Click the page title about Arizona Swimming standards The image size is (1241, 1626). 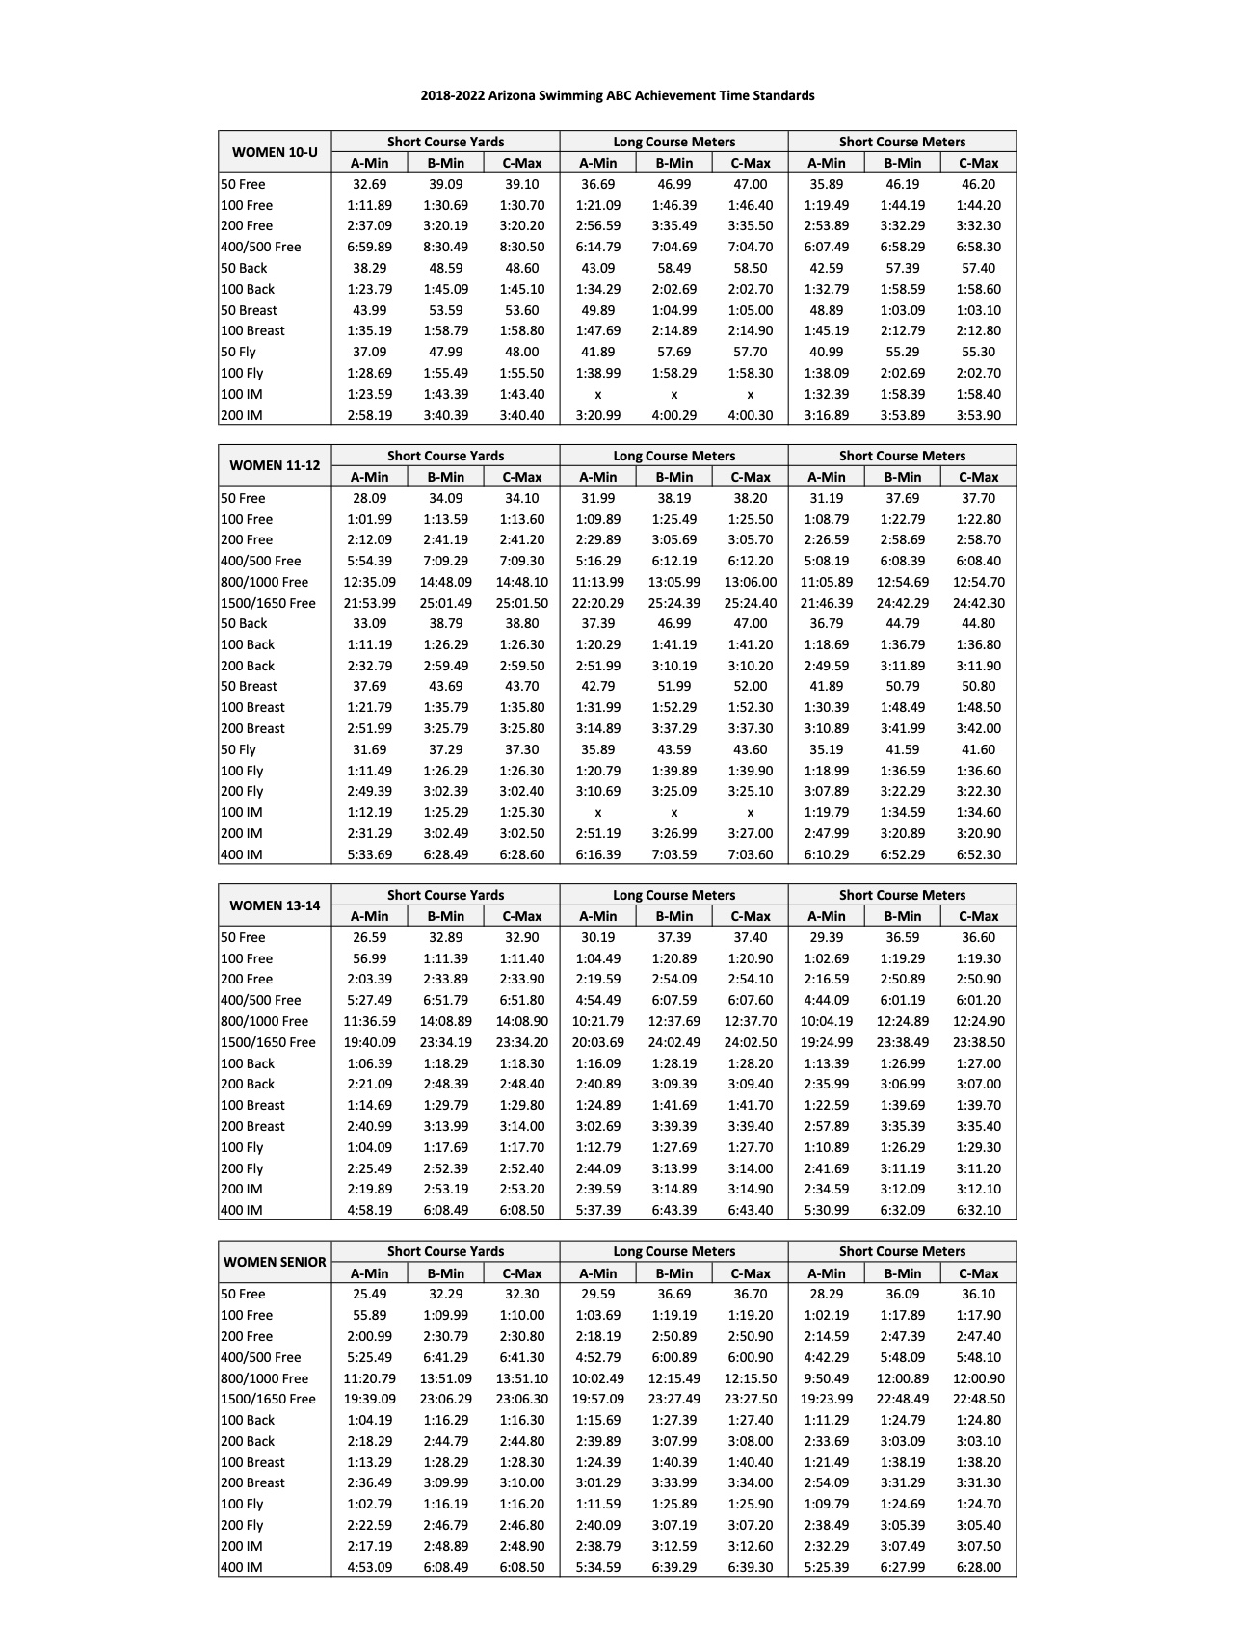coord(617,95)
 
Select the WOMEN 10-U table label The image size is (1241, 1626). coord(275,152)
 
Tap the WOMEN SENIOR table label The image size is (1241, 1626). coord(275,1262)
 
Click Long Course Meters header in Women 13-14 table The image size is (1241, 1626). coord(673,895)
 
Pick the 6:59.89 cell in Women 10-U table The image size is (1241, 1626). coord(369,247)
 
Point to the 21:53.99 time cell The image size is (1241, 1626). coord(369,603)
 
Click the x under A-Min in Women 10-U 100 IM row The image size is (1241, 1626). coord(597,394)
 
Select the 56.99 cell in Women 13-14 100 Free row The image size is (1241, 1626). coord(369,958)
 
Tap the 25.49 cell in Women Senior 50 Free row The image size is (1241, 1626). coord(369,1294)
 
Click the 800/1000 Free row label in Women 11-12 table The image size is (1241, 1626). coord(265,582)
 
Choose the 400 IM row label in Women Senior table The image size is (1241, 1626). coord(242,1567)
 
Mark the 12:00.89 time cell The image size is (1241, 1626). coord(902,1378)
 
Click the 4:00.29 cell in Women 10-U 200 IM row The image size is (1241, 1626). coord(673,415)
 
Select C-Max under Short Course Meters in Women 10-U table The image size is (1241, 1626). coord(978,163)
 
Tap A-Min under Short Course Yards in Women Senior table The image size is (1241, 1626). coord(369,1273)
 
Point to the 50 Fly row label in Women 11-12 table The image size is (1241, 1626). coord(239,749)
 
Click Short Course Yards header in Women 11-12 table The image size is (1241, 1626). coord(445,456)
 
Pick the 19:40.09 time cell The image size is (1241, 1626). coord(369,1042)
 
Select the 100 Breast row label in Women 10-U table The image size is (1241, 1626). coord(253,330)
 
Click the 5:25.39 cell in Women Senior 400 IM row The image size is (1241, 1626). coord(826,1567)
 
